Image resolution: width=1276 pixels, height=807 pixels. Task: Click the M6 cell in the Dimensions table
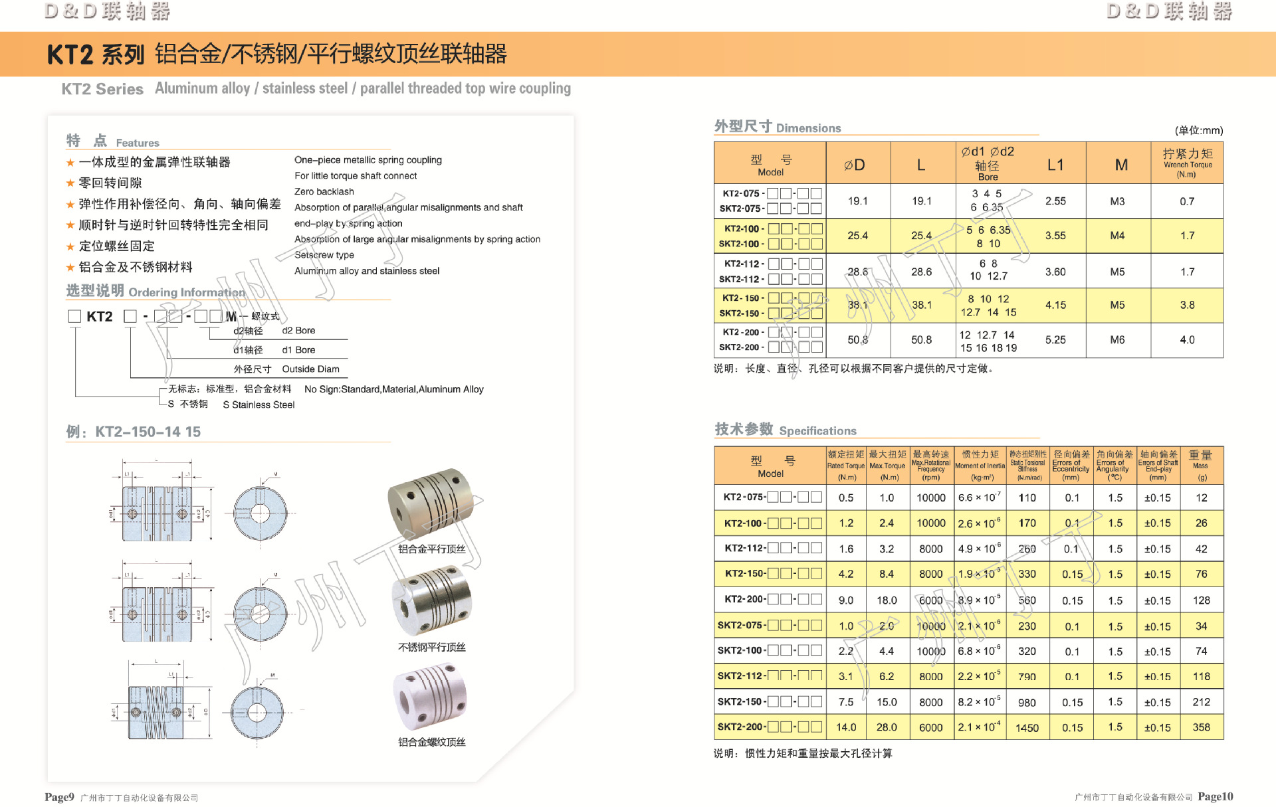tap(1117, 340)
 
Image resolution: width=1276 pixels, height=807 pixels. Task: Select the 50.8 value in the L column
tap(921, 340)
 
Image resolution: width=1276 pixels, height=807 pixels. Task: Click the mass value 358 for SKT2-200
tap(1201, 727)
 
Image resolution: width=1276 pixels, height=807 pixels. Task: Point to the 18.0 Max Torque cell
tap(887, 600)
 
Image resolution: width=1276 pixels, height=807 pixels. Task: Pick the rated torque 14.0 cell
tap(846, 727)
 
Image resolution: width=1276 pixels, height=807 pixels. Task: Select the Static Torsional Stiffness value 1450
tap(1027, 728)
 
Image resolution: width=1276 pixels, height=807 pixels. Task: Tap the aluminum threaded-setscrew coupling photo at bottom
tap(431, 697)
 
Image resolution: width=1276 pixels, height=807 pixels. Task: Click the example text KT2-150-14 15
tap(148, 432)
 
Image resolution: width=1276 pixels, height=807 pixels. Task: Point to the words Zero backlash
tap(324, 191)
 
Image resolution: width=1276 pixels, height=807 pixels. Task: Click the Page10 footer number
tap(1215, 796)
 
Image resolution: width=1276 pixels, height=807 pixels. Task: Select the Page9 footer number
tap(59, 797)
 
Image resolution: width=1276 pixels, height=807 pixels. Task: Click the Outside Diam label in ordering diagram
tap(310, 369)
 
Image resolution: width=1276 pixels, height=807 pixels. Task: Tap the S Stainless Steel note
tap(259, 404)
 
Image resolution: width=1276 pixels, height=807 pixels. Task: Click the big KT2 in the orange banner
tap(70, 54)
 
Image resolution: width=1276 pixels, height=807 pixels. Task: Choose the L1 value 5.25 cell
tap(1055, 340)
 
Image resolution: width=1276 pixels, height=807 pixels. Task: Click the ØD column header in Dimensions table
tap(855, 165)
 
